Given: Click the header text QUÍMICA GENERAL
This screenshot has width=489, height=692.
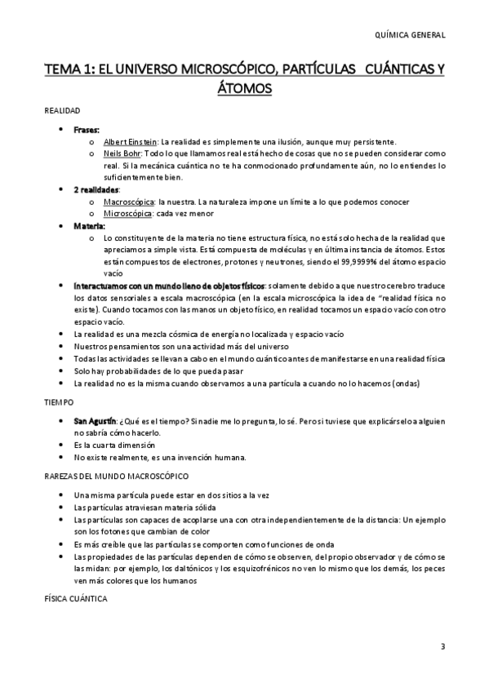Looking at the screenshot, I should (x=408, y=35).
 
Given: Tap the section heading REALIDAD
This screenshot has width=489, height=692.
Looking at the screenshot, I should (x=61, y=109).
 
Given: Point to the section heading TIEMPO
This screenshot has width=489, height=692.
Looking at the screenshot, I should (x=58, y=402).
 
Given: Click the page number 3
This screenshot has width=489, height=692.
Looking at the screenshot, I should (x=442, y=647).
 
